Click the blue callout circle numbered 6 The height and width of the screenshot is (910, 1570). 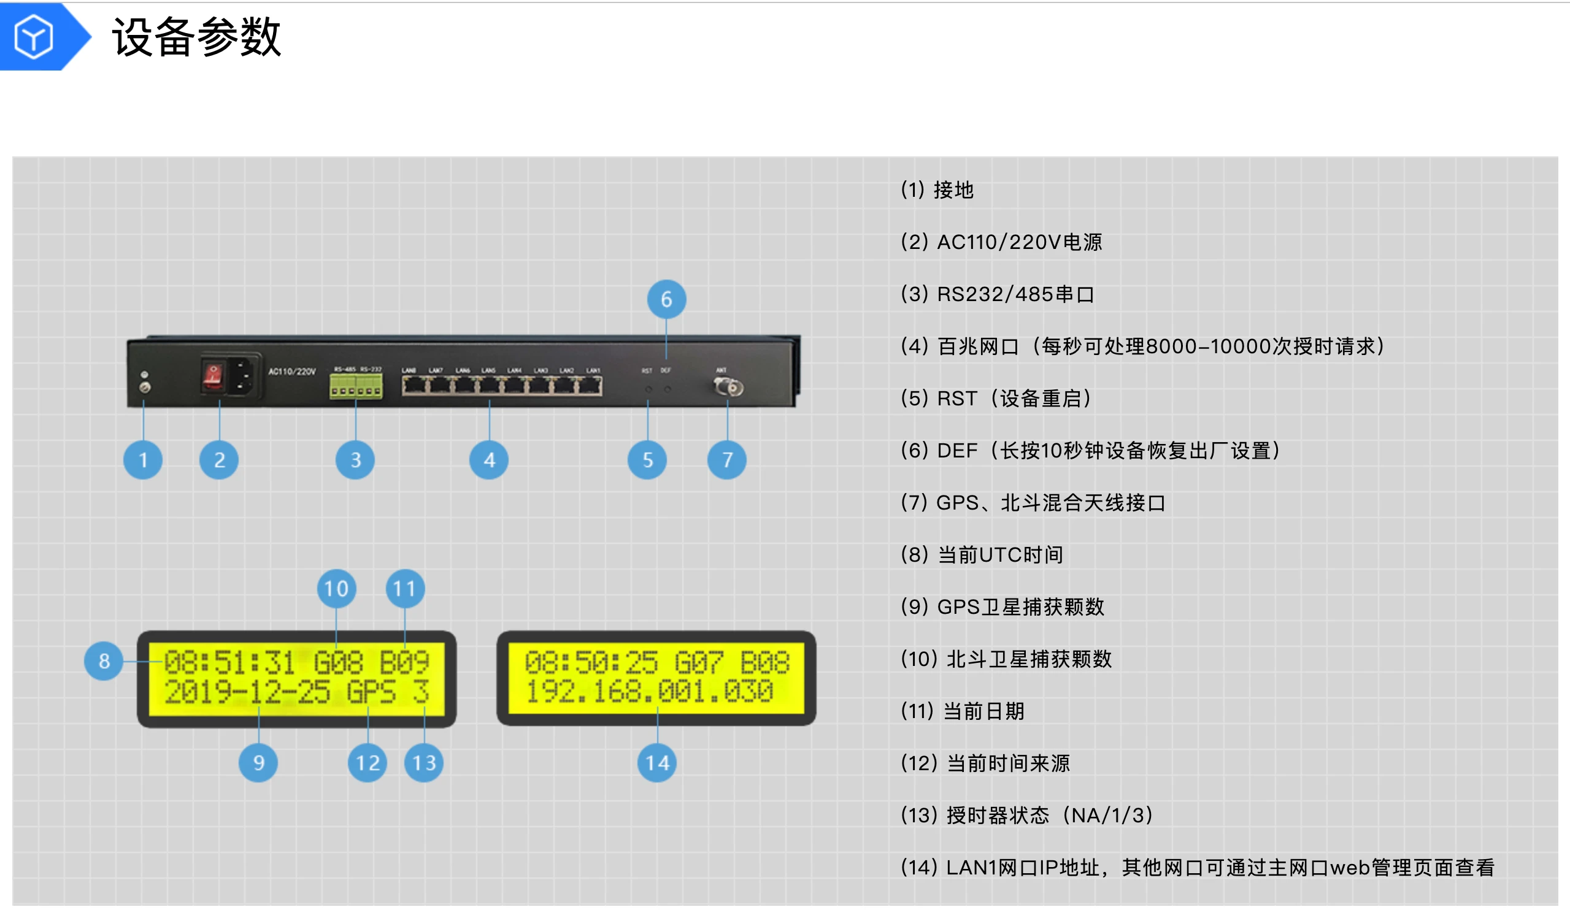click(666, 300)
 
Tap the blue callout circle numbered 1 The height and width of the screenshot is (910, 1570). click(144, 460)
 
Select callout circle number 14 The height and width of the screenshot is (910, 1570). click(656, 762)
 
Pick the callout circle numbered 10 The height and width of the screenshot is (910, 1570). click(336, 589)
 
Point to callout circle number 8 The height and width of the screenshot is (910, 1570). click(104, 660)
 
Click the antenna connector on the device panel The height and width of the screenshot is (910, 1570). click(729, 387)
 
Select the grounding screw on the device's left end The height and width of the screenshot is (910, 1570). click(145, 386)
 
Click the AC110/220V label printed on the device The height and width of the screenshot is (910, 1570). click(291, 372)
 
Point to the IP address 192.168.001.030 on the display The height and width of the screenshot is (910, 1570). click(648, 691)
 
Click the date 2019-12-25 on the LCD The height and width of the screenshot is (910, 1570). click(247, 692)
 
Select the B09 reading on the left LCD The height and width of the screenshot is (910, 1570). click(404, 662)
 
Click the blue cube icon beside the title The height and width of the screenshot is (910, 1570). click(33, 37)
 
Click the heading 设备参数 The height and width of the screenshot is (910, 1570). click(196, 37)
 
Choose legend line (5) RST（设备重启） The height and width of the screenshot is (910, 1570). click(996, 398)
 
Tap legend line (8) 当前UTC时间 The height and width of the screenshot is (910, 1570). click(982, 554)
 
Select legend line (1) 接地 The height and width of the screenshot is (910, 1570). click(937, 190)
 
